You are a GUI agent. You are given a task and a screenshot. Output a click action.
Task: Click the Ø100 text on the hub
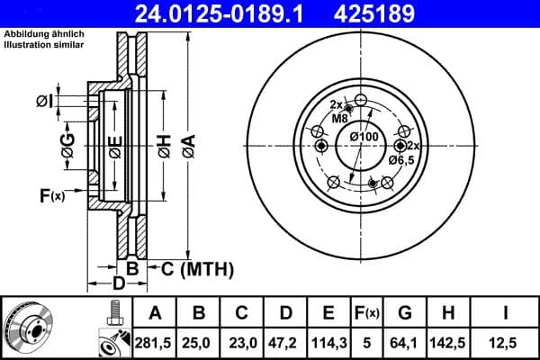click(x=364, y=136)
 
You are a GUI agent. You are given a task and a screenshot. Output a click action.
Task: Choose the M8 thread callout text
click(x=340, y=118)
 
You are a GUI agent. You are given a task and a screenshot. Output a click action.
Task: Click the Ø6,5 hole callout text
click(x=401, y=159)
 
